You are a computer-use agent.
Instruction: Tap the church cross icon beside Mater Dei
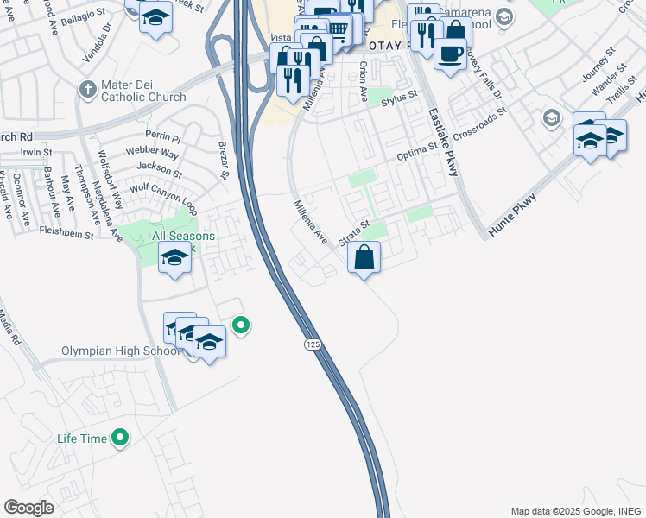(87, 89)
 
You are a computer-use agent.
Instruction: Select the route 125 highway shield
(312, 344)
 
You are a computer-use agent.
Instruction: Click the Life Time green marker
(121, 439)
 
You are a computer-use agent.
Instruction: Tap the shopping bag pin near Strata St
(364, 257)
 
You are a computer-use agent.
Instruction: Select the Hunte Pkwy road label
(512, 212)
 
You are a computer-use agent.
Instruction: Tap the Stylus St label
(399, 101)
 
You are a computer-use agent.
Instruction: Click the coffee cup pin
(450, 55)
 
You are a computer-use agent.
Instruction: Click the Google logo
(28, 508)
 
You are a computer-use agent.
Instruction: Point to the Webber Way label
(151, 153)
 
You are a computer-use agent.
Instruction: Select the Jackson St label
(159, 166)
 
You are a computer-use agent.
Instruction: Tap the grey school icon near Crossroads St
(550, 117)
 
